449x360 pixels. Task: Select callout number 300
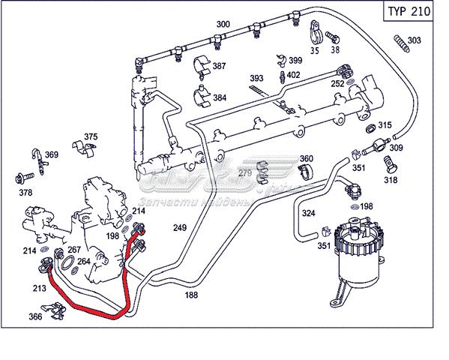click(x=223, y=25)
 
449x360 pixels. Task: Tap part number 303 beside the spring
click(x=415, y=40)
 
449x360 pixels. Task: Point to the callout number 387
click(x=219, y=67)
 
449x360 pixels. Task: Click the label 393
click(x=256, y=78)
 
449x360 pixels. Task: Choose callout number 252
click(x=337, y=84)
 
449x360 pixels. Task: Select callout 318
click(x=391, y=180)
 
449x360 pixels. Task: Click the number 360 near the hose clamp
click(x=307, y=159)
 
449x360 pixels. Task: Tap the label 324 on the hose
click(x=308, y=214)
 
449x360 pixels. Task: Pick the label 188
click(x=192, y=295)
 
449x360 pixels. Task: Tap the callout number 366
click(x=35, y=317)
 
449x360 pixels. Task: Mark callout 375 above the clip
click(x=91, y=136)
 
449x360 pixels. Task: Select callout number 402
click(x=293, y=74)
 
